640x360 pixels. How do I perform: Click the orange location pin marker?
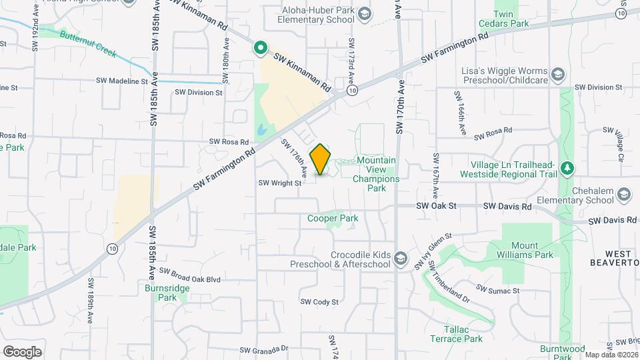[x=321, y=159]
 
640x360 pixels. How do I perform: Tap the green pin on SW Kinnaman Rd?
[x=260, y=47]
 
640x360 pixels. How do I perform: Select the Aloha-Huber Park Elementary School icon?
[x=365, y=14]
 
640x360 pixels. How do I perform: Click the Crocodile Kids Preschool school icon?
[x=400, y=257]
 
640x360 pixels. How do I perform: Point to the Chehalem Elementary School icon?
[x=624, y=194]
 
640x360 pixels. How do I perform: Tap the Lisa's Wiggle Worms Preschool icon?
[x=558, y=73]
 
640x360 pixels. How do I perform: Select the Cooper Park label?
[x=333, y=218]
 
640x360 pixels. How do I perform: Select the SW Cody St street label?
[x=319, y=302]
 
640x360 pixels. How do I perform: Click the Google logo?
[x=22, y=351]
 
